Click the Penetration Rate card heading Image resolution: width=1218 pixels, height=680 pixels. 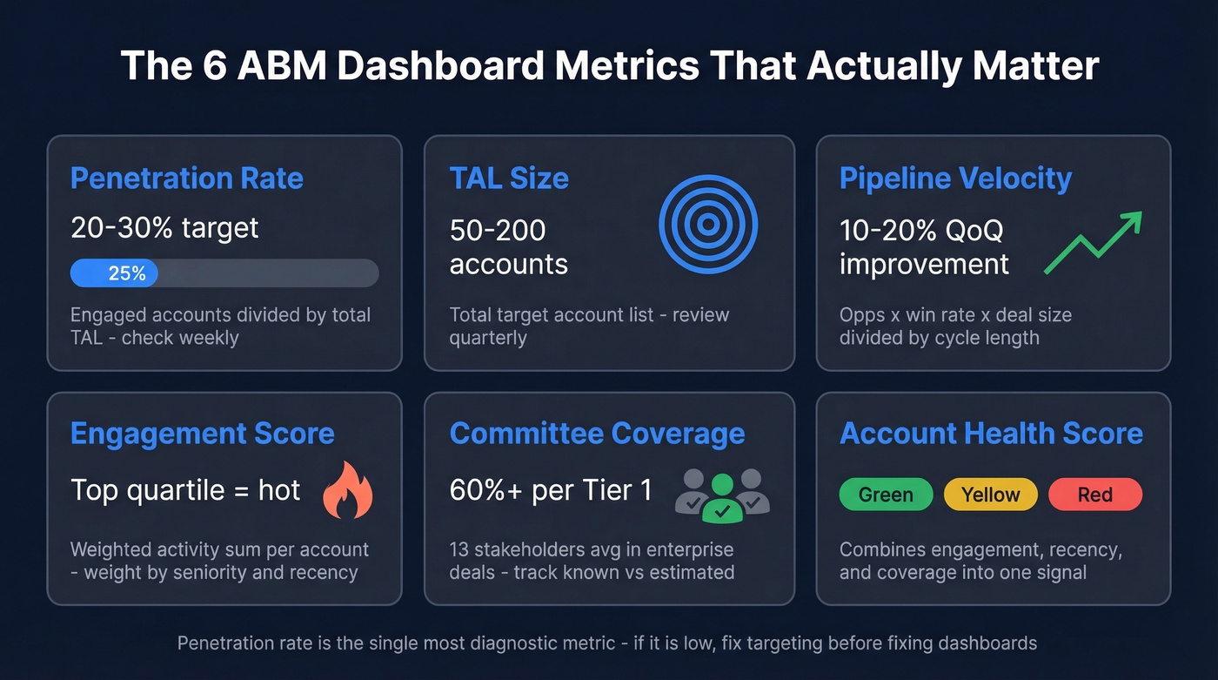click(x=186, y=178)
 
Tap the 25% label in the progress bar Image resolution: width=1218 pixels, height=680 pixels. click(x=127, y=273)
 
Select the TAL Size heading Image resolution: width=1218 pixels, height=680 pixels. click(x=509, y=178)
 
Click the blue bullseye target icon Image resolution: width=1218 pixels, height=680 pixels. click(x=708, y=225)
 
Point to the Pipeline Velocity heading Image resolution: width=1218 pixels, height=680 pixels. click(x=955, y=178)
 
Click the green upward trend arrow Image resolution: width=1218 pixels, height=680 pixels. click(x=1093, y=243)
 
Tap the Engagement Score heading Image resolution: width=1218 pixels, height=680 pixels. click(x=202, y=434)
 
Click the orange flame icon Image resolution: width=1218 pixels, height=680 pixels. click(x=347, y=490)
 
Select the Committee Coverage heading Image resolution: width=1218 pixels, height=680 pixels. click(x=597, y=434)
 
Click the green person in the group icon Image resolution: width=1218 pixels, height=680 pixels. click(x=722, y=500)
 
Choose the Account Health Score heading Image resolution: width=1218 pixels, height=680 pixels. click(x=991, y=434)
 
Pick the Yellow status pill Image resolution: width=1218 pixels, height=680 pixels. click(x=990, y=495)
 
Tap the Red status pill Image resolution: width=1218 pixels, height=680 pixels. click(x=1094, y=495)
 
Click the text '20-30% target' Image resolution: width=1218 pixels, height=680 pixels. click(x=164, y=228)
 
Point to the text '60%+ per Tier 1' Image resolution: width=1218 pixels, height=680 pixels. click(x=551, y=490)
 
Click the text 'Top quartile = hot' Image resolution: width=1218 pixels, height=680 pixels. click(x=185, y=490)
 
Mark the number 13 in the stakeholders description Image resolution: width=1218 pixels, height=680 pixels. click(x=459, y=550)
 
